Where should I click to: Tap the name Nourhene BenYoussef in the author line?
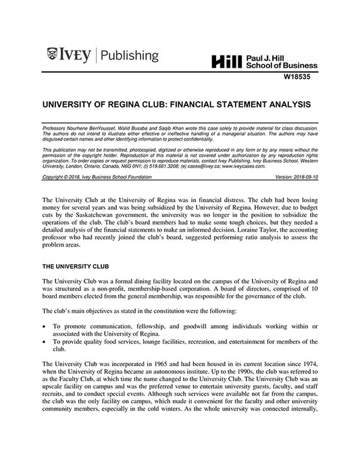point(95,127)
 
